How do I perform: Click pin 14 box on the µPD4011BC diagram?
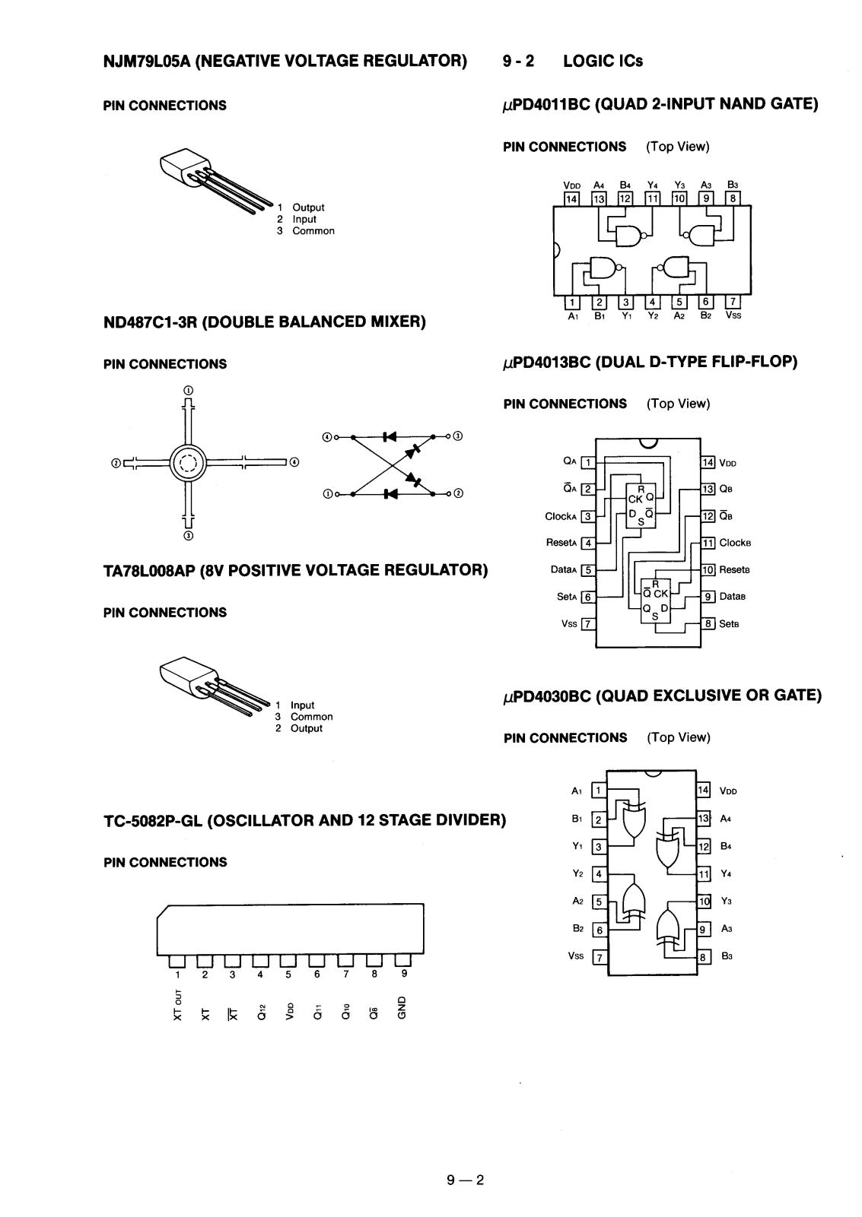click(x=571, y=199)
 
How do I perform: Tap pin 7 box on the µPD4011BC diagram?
click(x=733, y=302)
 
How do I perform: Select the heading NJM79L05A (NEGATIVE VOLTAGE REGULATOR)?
click(x=285, y=61)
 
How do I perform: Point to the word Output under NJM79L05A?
click(x=308, y=208)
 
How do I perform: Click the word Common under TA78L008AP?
click(x=312, y=717)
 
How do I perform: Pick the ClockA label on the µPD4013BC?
click(x=561, y=516)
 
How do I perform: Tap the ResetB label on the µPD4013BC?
click(x=735, y=570)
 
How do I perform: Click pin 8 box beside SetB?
click(x=708, y=624)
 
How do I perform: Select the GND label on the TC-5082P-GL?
click(x=402, y=1008)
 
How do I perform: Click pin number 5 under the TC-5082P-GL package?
click(x=288, y=975)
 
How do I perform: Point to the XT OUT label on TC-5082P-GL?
click(x=177, y=1005)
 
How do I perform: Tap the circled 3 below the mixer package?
click(x=188, y=536)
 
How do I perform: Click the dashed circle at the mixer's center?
click(x=188, y=464)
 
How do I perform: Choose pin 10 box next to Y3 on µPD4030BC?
click(x=704, y=902)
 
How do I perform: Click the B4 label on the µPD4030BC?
click(x=726, y=846)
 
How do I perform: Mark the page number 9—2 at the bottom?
click(x=466, y=1180)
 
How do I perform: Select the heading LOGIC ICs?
click(x=603, y=61)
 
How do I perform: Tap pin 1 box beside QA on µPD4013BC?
click(x=588, y=462)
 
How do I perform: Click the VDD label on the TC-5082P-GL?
click(x=289, y=1010)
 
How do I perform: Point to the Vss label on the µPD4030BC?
click(x=575, y=956)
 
